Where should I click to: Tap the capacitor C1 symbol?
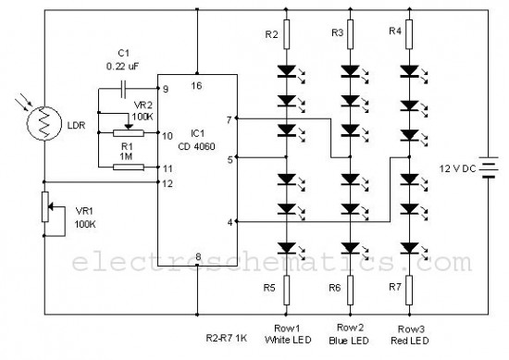(123, 89)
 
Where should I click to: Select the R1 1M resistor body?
(129, 168)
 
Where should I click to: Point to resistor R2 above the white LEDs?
(286, 34)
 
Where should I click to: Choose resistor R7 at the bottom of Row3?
(409, 291)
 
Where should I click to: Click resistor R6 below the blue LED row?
(350, 291)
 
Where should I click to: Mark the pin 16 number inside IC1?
(196, 86)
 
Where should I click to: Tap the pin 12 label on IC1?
(168, 184)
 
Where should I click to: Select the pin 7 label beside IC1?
(230, 120)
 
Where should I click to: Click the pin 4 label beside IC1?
(230, 223)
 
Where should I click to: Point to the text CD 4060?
(196, 146)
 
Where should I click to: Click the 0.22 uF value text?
(123, 67)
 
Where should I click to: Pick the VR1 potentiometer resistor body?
(45, 206)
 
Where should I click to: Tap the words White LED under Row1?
(288, 340)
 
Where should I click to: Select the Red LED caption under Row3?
(410, 341)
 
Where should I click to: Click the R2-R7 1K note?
(227, 338)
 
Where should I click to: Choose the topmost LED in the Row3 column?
(409, 71)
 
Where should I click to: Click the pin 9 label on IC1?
(166, 89)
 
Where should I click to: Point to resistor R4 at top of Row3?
(409, 34)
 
